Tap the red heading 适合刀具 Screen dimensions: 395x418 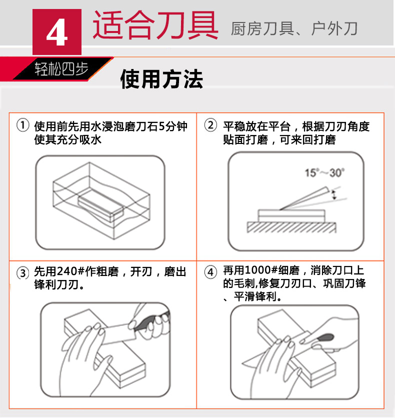tap(155, 25)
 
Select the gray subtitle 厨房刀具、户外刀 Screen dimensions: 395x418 tap(293, 29)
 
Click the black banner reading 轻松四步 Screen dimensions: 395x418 tap(61, 69)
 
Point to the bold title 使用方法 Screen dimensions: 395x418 tap(161, 79)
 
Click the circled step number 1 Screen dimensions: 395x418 tap(23, 125)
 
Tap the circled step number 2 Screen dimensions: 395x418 tap(210, 125)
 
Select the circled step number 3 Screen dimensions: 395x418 tap(23, 273)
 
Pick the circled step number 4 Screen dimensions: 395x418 tap(210, 272)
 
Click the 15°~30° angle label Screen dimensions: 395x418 tap(324, 172)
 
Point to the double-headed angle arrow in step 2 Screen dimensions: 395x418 tap(333, 194)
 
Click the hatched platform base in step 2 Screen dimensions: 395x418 tap(291, 227)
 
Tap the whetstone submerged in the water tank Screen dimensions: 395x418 tap(100, 206)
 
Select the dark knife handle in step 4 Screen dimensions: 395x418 tap(325, 338)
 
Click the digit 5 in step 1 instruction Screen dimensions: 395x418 tap(161, 126)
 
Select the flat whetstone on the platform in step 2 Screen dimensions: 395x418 tap(291, 215)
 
